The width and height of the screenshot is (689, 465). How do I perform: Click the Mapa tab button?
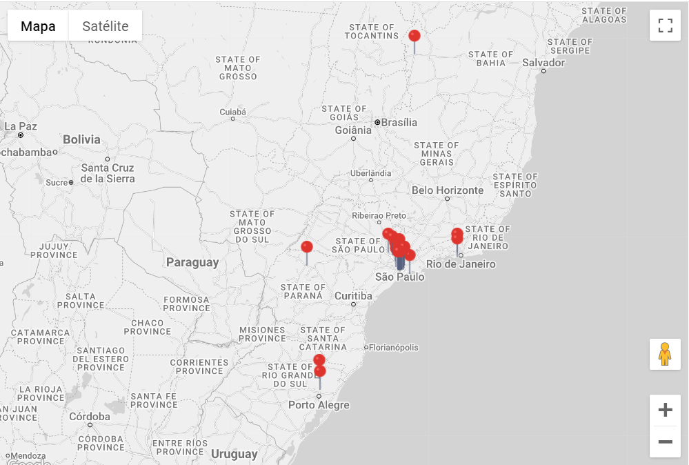tap(38, 26)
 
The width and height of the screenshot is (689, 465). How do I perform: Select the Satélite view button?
tap(106, 26)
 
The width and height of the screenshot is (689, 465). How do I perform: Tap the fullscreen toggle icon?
tap(665, 26)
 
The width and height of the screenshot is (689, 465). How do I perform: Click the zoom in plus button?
tap(665, 410)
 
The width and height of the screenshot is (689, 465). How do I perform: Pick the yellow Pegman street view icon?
tap(665, 354)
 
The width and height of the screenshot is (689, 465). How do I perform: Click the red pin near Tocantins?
tap(415, 36)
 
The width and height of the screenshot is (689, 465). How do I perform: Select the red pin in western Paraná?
tap(307, 247)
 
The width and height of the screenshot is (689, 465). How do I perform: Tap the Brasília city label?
tap(399, 122)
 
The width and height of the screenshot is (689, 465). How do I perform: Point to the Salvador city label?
tap(543, 63)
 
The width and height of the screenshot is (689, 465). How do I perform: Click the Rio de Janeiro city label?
tap(461, 264)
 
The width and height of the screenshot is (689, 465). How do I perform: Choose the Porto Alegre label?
tap(319, 405)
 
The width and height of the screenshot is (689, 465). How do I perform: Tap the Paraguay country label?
tap(192, 262)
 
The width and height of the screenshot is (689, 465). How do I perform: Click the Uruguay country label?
tap(234, 454)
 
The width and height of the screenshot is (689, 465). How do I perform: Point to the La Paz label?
tap(21, 126)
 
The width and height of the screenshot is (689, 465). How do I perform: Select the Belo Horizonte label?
tap(448, 190)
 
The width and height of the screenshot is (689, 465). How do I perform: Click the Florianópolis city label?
tap(394, 348)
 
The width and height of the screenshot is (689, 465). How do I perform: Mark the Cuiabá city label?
tap(232, 112)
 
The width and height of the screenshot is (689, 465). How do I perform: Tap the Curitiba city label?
tap(353, 296)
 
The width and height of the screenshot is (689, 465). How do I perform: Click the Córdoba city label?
tap(90, 417)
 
